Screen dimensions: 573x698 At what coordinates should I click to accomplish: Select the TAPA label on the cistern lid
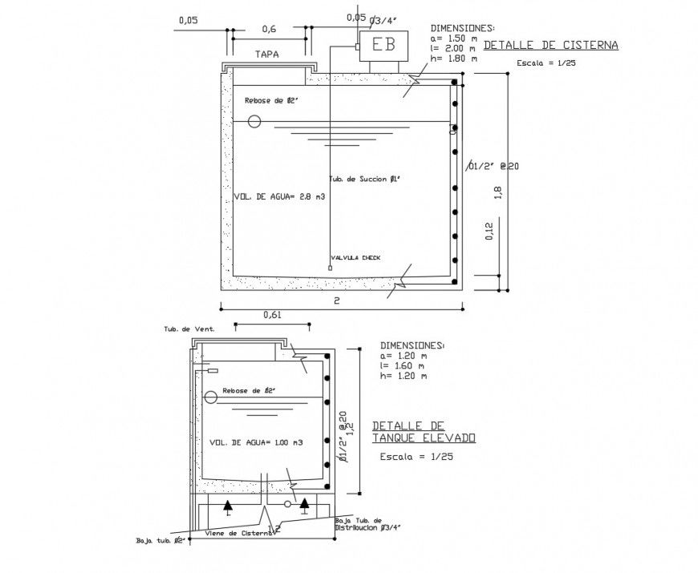(x=267, y=55)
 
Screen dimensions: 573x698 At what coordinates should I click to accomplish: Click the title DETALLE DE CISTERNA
(x=550, y=46)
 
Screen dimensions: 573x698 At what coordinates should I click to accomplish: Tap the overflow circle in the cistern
(x=254, y=122)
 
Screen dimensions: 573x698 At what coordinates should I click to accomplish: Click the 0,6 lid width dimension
(x=269, y=29)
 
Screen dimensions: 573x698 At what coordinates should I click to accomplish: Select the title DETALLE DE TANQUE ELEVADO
(x=424, y=432)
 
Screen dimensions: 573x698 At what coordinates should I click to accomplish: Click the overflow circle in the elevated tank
(x=211, y=397)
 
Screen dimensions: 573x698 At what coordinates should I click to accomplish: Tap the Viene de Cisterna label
(x=238, y=532)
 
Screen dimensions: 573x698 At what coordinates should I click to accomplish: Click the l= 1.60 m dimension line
(x=406, y=365)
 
